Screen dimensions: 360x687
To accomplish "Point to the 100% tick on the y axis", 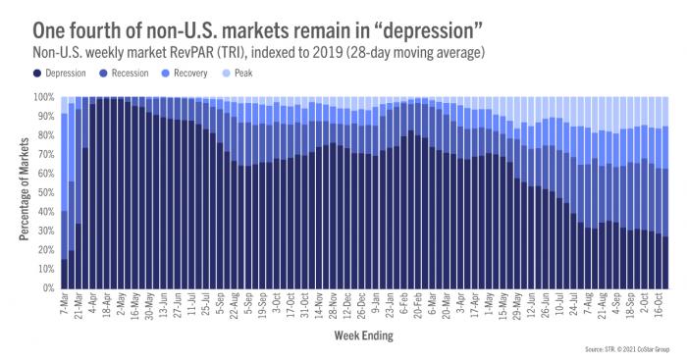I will pos(43,97).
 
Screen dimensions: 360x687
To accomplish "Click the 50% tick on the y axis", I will pos(45,193).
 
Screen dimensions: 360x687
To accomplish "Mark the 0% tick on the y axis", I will pos(47,288).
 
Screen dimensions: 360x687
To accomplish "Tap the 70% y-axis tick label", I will pos(45,155).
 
